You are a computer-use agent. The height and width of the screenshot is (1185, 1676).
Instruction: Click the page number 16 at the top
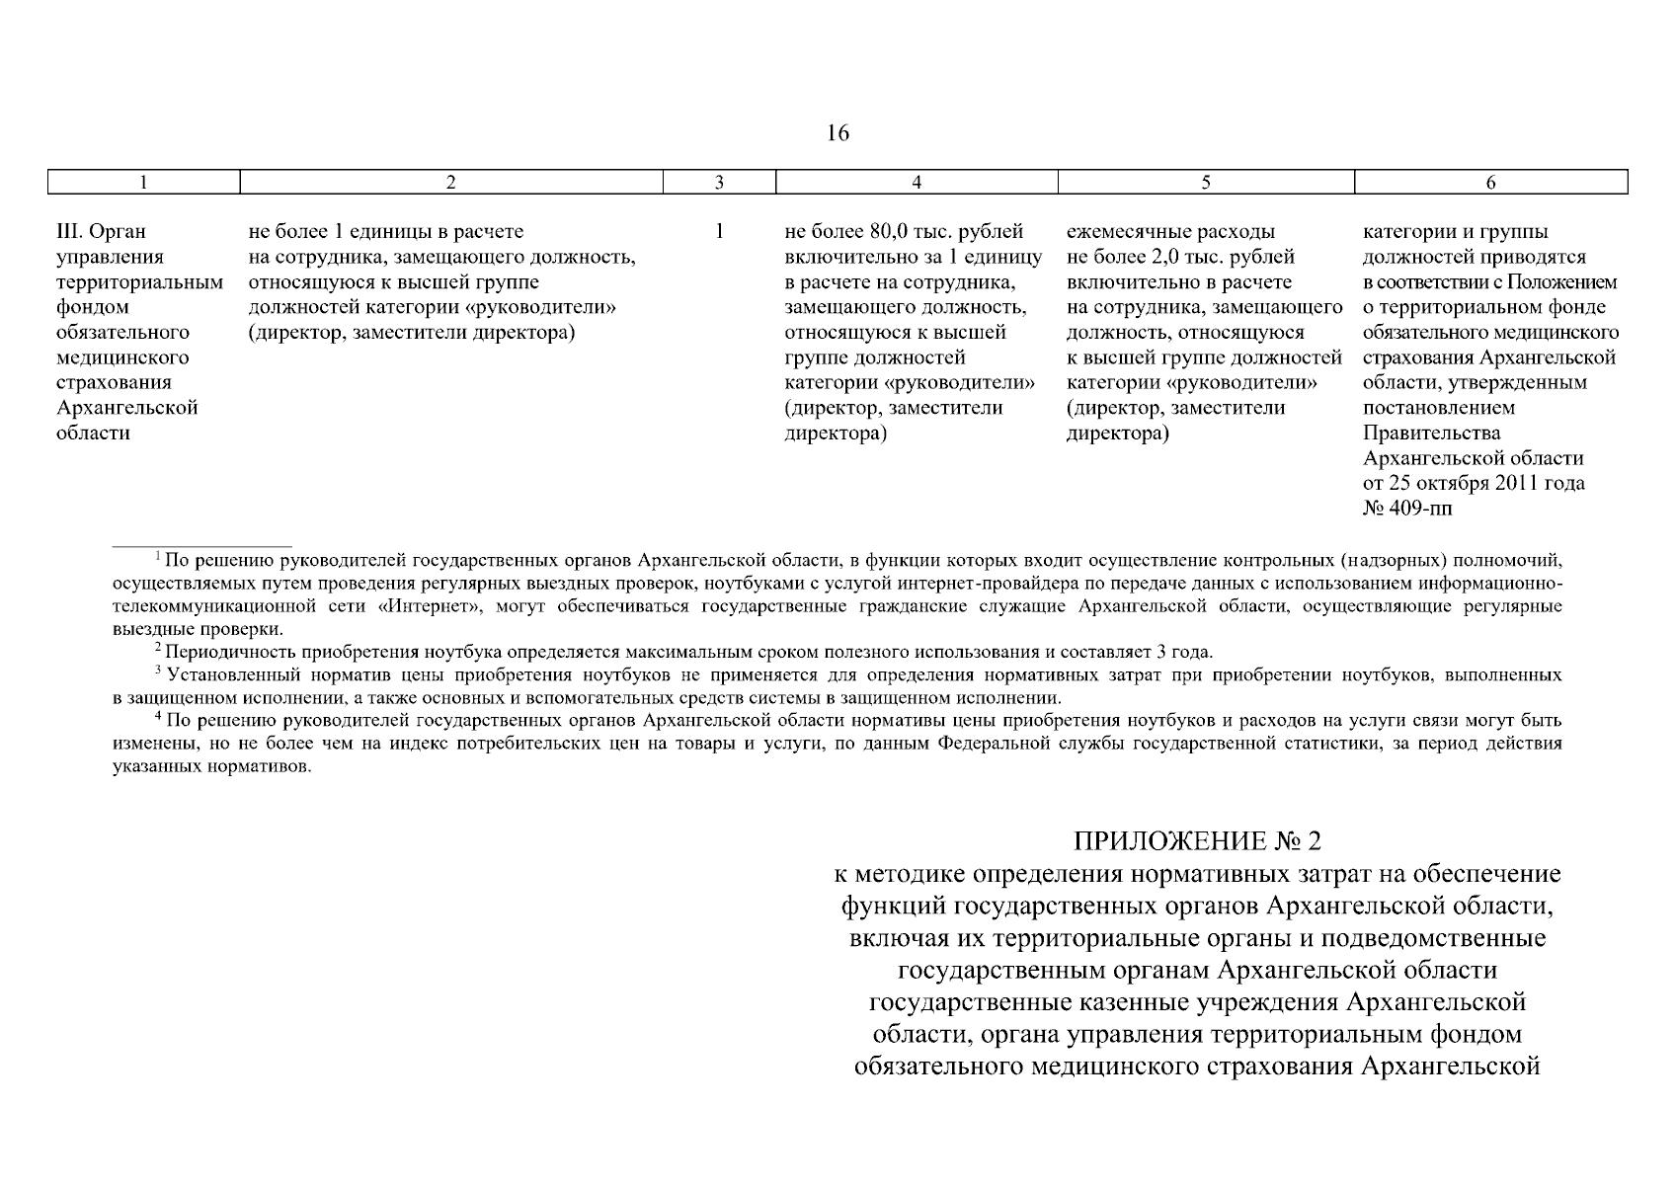pyautogui.click(x=838, y=133)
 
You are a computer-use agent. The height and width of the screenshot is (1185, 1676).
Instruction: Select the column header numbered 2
pyautogui.click(x=450, y=182)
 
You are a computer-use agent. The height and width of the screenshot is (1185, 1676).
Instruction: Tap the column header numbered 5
pyautogui.click(x=1205, y=182)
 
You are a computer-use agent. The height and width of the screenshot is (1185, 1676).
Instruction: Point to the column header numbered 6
pyautogui.click(x=1490, y=182)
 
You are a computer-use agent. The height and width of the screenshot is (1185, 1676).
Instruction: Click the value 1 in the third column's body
pyautogui.click(x=719, y=232)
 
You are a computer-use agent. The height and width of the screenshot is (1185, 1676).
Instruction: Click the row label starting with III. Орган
pyautogui.click(x=102, y=232)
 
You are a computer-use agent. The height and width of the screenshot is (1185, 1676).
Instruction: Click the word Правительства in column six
pyautogui.click(x=1417, y=434)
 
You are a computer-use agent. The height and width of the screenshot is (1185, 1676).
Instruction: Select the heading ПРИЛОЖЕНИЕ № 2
pyautogui.click(x=1197, y=841)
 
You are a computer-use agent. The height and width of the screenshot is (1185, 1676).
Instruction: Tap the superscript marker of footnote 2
pyautogui.click(x=157, y=648)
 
